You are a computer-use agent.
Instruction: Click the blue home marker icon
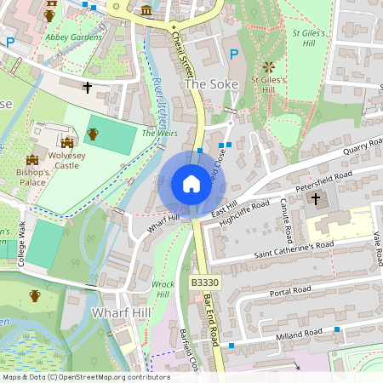191,183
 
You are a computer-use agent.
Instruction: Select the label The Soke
208,85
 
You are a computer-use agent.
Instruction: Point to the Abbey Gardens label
74,37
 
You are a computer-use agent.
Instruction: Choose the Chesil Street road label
184,51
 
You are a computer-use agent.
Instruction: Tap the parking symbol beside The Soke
234,54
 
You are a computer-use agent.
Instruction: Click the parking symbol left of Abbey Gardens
10,41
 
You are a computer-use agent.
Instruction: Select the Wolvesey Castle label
67,158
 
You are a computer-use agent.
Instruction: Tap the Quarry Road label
363,147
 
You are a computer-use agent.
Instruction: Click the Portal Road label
291,291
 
